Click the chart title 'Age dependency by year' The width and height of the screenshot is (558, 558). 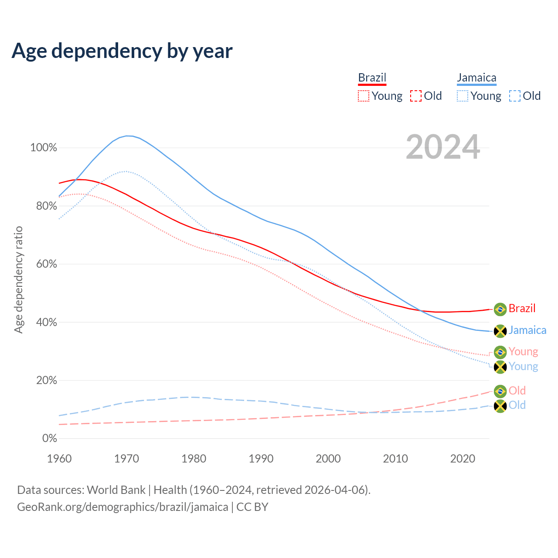click(122, 51)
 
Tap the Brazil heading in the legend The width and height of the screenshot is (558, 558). click(372, 78)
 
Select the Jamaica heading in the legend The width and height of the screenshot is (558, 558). click(476, 78)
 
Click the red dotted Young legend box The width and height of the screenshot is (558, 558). click(363, 96)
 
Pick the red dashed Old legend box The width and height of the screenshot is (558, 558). click(416, 96)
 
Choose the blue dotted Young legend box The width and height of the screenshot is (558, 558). click(463, 96)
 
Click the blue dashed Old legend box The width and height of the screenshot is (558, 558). click(515, 96)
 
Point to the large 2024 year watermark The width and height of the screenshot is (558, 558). click(443, 147)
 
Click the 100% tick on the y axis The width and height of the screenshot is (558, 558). click(44, 148)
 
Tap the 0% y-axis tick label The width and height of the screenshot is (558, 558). click(50, 439)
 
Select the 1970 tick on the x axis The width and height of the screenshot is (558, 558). click(126, 459)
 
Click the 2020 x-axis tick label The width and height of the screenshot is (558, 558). click(463, 459)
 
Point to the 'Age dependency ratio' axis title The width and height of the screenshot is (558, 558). click(18, 279)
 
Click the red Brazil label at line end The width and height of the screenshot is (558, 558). click(522, 309)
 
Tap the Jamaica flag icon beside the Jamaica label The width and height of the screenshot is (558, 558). click(500, 331)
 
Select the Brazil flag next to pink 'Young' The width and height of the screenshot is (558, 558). click(500, 352)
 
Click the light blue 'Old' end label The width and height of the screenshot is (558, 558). click(517, 405)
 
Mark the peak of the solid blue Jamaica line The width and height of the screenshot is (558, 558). click(127, 136)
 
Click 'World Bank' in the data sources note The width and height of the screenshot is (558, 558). click(116, 490)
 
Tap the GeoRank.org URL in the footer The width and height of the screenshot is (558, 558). click(122, 507)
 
